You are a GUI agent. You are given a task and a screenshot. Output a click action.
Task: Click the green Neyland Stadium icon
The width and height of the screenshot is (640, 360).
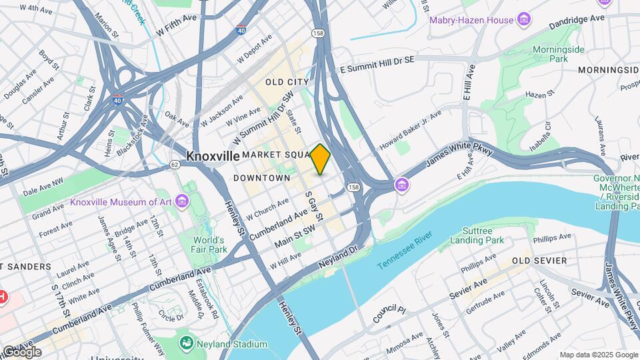pos(187,343)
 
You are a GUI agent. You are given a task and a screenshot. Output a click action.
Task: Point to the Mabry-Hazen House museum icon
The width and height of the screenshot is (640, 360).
pos(524,19)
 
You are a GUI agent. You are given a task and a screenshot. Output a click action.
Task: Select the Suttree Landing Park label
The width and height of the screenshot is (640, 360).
pos(477,235)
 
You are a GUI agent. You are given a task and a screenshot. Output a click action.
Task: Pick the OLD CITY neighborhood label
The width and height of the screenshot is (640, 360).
pos(287,82)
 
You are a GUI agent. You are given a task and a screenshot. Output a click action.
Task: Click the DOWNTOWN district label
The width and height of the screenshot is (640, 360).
pos(262,178)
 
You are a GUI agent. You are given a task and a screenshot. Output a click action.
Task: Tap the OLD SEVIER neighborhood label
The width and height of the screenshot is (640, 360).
pos(539,260)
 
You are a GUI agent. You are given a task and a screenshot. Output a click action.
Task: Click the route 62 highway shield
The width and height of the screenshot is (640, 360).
pos(175,163)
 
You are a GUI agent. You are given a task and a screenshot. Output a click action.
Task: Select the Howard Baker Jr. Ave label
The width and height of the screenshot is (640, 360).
pos(411,131)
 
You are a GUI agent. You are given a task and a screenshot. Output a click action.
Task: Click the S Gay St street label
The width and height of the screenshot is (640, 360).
pos(314,207)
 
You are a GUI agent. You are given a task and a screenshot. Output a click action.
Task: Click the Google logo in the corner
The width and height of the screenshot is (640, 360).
pos(21,352)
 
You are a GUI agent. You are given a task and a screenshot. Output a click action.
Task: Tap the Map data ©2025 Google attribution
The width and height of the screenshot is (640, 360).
pos(598,355)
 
